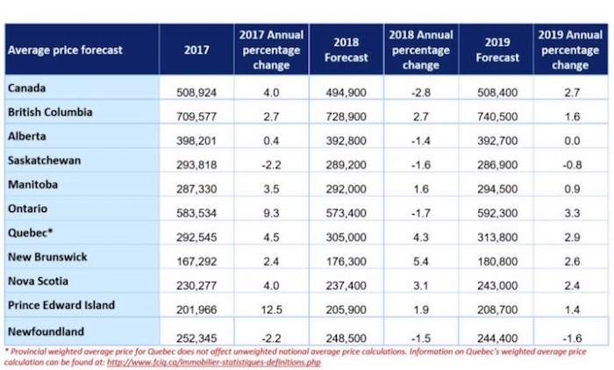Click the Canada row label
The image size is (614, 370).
pos(26,88)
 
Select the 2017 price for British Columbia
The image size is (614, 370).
pos(196,117)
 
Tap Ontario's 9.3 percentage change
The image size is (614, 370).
pos(271,213)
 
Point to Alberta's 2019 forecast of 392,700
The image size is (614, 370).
pos(497,140)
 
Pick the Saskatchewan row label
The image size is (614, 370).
pos(44,160)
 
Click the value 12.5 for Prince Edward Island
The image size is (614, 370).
pos(271,310)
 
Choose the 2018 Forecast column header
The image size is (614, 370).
pos(346,50)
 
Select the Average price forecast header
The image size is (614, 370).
pos(65,50)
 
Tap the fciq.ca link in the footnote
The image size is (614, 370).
pos(214,362)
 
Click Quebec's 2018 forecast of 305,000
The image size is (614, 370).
pos(346,238)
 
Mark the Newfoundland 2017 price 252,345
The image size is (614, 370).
pos(196,338)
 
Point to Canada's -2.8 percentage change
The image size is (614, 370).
pos(421,92)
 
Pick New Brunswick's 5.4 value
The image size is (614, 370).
pos(420,261)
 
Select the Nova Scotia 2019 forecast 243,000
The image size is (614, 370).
pos(497,286)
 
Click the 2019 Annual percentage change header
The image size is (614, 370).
pos(570,50)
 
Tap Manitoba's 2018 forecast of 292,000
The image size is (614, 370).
pos(346,189)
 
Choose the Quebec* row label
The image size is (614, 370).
pos(30,232)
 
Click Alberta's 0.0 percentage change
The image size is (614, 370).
pos(572,140)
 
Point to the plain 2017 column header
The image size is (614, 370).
pos(196,50)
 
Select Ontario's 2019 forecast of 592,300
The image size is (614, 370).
pos(497,213)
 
